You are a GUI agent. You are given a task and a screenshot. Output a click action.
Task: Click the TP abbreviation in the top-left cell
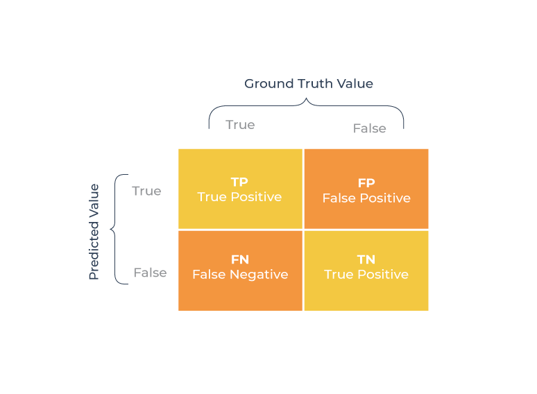point(239,182)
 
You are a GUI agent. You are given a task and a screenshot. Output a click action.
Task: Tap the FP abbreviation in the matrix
point(366,183)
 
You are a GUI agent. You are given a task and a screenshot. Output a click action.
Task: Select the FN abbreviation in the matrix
point(239,259)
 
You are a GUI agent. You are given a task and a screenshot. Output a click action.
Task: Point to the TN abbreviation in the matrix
point(366,259)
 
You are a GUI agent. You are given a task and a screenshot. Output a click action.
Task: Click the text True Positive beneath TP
point(239,197)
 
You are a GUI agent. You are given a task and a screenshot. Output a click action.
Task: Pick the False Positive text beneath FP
point(366,198)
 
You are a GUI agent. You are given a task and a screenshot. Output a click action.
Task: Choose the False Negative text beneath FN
point(240,275)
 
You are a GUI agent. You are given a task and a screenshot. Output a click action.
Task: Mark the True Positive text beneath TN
point(366,275)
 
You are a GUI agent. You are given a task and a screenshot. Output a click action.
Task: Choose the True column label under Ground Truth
point(240,125)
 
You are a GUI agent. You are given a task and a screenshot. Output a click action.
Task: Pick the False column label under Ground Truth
point(369,128)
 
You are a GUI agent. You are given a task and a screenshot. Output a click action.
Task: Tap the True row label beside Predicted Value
point(146,191)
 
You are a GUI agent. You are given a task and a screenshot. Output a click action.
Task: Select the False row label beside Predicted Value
point(150,273)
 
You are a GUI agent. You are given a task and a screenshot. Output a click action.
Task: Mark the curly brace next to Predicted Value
point(116,229)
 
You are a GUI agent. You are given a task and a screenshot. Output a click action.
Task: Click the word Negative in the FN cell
point(258,275)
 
